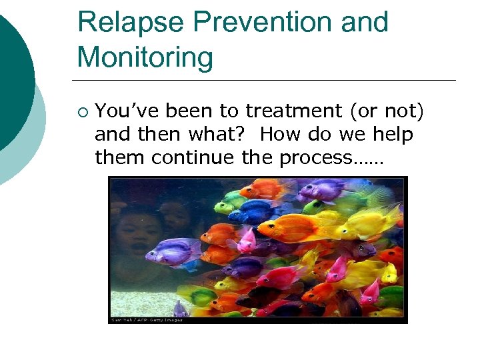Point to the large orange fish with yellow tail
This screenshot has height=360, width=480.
click(x=300, y=227)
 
